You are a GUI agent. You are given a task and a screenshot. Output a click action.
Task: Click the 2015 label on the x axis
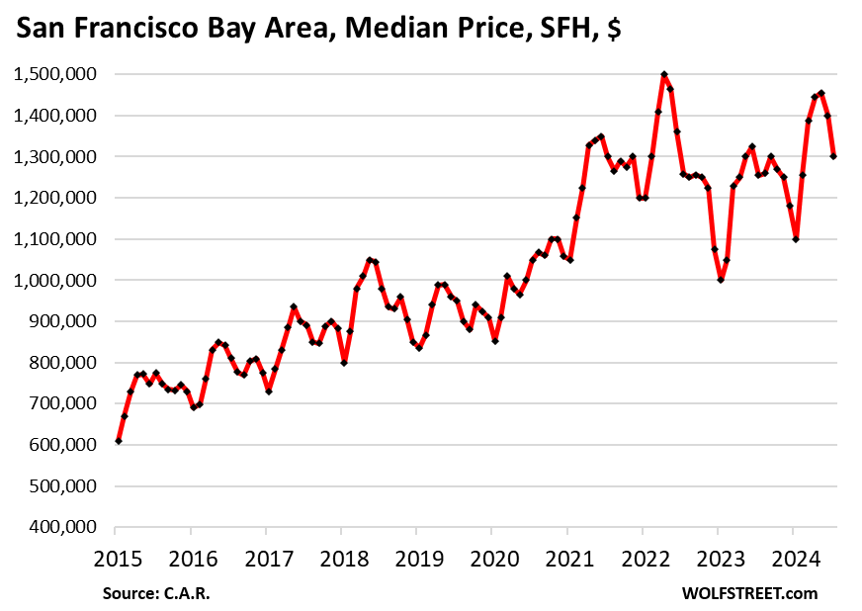118,559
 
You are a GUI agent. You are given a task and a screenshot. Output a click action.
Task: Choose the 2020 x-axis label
492,559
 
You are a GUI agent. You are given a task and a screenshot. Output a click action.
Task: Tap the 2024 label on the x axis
793,559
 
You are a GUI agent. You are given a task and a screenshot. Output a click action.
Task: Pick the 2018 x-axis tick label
342,559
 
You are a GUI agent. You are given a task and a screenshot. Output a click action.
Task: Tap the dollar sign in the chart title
613,31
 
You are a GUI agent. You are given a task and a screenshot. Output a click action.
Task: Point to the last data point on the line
834,156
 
